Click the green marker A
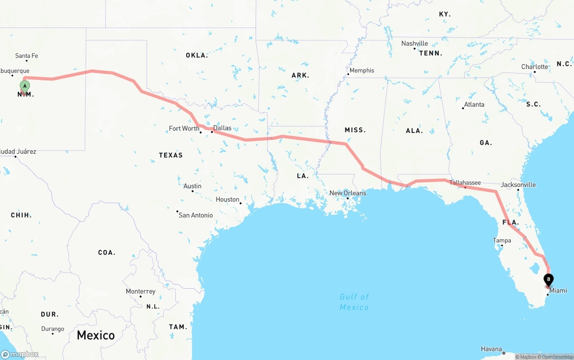pos(25,86)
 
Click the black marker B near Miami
pos(548,279)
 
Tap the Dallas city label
pos(222,128)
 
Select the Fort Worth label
pos(184,129)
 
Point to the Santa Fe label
pos(26,56)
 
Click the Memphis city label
pos(361,70)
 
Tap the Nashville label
pos(414,43)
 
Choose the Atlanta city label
pos(474,104)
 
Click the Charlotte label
pos(535,67)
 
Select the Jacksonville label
pos(518,185)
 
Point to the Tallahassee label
pos(465,182)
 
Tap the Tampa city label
pos(502,241)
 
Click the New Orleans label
pos(348,193)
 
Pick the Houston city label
pos(227,200)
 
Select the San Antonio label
pos(196,215)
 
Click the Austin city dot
pos(193,191)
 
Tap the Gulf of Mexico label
pos(354,302)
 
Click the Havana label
pos(491,349)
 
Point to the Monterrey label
pos(140,291)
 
